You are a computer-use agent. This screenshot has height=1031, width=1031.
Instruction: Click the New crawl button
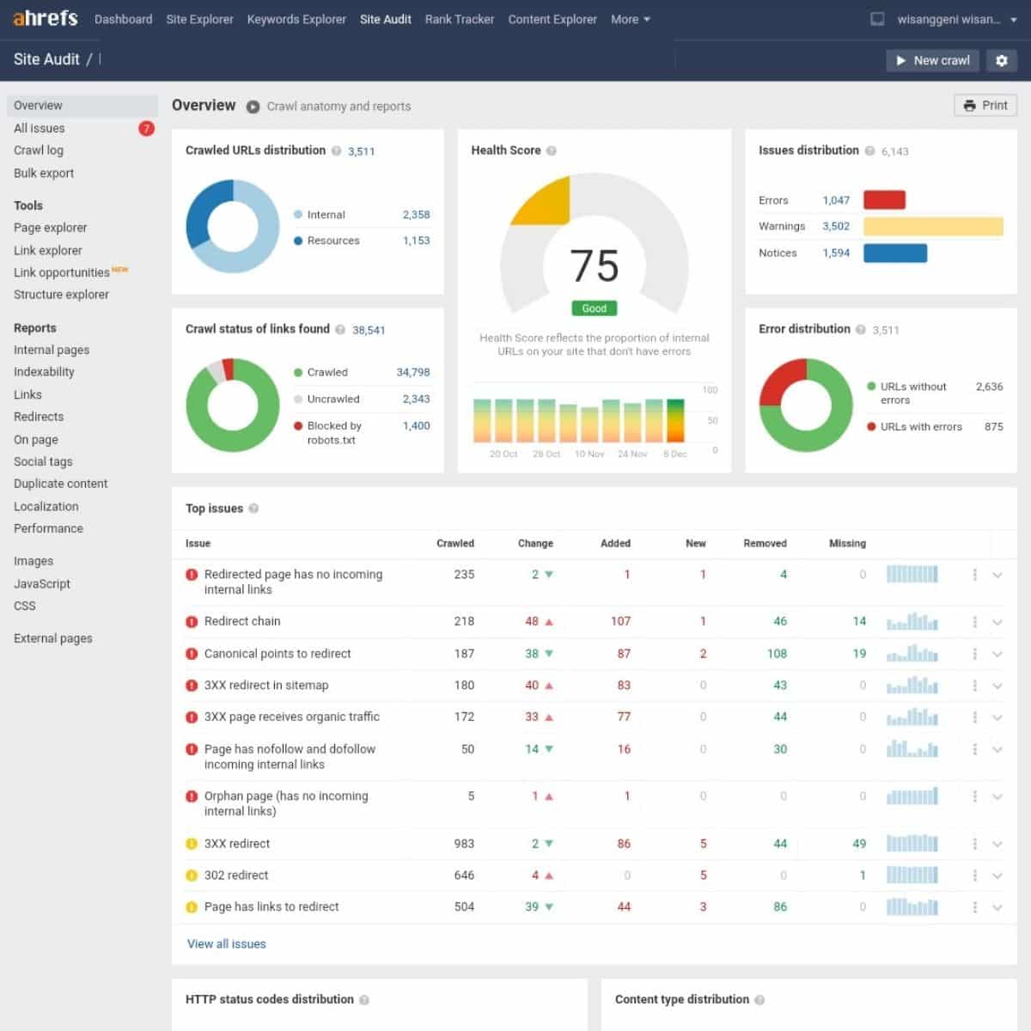[932, 60]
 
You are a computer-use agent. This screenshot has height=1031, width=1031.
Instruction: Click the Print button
[985, 105]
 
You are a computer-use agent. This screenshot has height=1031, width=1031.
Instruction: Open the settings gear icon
[1001, 60]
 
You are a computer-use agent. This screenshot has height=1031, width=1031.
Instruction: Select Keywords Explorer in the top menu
[296, 19]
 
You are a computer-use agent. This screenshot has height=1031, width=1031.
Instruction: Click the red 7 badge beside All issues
[146, 128]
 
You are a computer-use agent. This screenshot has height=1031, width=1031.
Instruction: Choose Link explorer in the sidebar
[48, 250]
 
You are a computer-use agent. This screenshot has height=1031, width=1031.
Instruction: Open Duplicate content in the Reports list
[61, 484]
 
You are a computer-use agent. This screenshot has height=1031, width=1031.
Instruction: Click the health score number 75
[594, 265]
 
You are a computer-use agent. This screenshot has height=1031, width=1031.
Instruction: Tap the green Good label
[594, 308]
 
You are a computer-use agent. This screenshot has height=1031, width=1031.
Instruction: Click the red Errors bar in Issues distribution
[884, 200]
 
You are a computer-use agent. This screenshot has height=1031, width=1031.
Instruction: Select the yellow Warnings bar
[933, 226]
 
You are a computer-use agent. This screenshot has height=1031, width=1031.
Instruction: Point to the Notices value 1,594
[835, 253]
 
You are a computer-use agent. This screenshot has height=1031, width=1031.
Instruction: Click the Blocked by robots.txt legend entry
[334, 432]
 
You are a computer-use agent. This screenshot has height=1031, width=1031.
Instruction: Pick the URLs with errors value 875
[993, 426]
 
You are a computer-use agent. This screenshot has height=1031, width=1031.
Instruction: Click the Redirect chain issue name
[242, 621]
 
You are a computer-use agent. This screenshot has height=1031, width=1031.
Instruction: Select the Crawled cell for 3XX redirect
[464, 844]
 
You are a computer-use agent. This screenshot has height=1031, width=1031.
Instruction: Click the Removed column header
[765, 543]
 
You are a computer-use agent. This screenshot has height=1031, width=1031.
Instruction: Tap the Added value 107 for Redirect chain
[620, 621]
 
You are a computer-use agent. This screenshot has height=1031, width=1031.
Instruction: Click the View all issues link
[227, 943]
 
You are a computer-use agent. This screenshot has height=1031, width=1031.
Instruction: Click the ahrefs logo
[46, 18]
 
